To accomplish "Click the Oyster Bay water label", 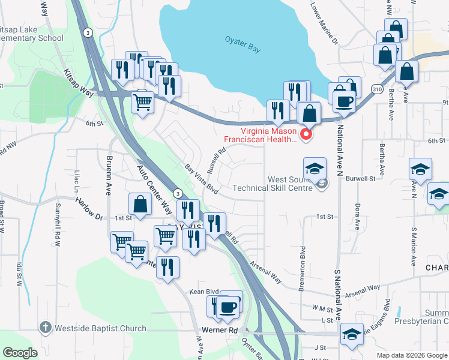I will click(x=243, y=44).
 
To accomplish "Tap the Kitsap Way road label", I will click(x=79, y=83).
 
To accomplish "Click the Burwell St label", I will click(x=364, y=178).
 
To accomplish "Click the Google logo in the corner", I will click(x=20, y=353).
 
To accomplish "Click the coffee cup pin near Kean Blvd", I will click(x=227, y=308).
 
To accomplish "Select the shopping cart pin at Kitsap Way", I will click(x=142, y=102).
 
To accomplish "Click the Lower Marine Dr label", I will click(x=324, y=24).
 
